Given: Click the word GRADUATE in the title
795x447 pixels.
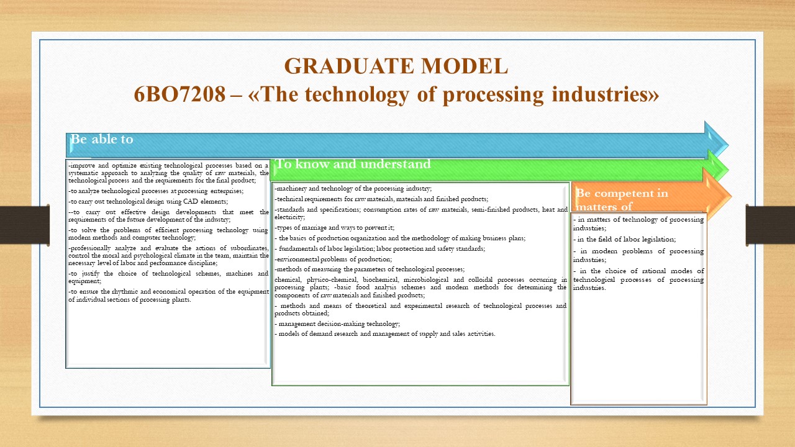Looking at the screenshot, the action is pyautogui.click(x=349, y=66).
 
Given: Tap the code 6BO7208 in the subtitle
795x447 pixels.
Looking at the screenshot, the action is pyautogui.click(x=179, y=95).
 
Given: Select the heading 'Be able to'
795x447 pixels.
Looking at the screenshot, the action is pyautogui.click(x=102, y=139).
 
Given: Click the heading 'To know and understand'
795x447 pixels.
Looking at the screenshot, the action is pyautogui.click(x=353, y=164).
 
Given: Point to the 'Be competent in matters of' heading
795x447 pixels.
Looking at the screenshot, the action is pyautogui.click(x=622, y=199).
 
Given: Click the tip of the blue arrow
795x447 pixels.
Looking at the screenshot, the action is pyautogui.click(x=729, y=145).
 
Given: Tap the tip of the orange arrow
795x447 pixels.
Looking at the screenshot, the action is pyautogui.click(x=731, y=196).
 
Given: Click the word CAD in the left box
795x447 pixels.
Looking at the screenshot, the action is pyautogui.click(x=190, y=202).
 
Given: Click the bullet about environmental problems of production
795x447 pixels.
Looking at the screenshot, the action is pyautogui.click(x=334, y=259).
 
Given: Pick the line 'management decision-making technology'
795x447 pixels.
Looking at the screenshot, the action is pyautogui.click(x=337, y=324).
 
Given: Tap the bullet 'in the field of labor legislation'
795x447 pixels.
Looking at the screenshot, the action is pyautogui.click(x=624, y=240).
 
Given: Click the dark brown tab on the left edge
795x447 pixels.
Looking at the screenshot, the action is pyautogui.click(x=24, y=225).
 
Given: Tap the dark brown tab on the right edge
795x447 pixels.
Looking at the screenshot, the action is pyautogui.click(x=770, y=225).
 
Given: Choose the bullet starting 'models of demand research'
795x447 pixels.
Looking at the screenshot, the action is pyautogui.click(x=384, y=334).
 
